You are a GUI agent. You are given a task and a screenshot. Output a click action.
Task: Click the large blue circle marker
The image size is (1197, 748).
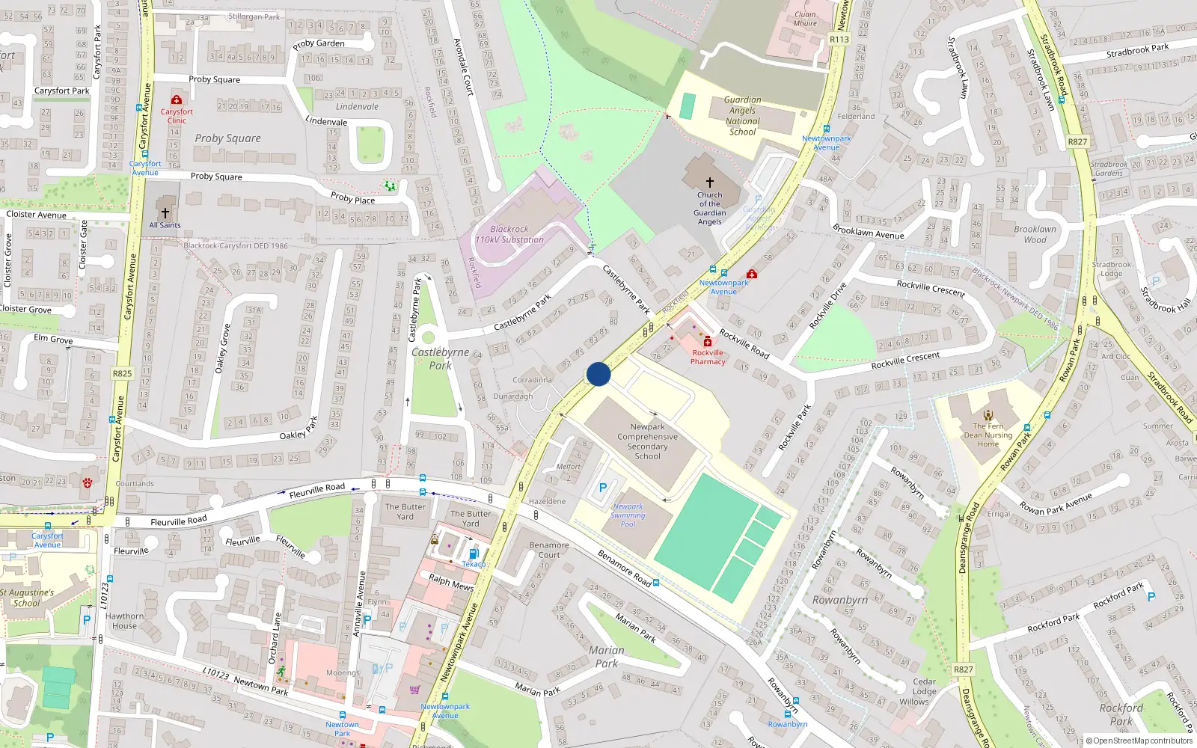point(598,374)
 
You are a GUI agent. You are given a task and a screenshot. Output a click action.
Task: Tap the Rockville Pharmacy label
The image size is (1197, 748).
point(708,357)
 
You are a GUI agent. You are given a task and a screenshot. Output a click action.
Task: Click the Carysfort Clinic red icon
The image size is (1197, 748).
point(177,99)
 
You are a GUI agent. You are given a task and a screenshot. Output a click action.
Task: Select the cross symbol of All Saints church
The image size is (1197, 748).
point(165,213)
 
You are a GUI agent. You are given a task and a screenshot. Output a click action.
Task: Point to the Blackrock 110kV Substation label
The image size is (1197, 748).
point(509,235)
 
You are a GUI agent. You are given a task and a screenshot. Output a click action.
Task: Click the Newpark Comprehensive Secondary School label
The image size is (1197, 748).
point(647,441)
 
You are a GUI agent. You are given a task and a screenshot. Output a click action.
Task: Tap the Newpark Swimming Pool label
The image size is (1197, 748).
point(628,515)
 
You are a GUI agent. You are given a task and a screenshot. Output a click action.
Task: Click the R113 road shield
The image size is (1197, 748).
point(839,40)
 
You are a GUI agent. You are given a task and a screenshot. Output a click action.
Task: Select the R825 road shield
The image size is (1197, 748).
point(122,373)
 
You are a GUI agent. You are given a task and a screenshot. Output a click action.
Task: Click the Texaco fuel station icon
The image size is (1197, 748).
point(473,554)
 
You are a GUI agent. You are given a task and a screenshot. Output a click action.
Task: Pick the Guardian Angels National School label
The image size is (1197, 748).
point(742,116)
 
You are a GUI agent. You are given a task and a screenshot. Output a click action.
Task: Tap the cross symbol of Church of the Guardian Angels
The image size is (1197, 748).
point(709,182)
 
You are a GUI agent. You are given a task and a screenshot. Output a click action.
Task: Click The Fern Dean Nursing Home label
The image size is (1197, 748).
point(988,435)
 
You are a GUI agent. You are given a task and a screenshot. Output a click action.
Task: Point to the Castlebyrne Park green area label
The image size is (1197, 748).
point(440,358)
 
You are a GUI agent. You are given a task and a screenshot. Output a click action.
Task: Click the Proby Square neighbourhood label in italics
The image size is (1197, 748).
point(227,138)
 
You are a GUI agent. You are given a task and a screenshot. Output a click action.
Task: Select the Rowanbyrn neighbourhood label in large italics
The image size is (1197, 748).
point(839,600)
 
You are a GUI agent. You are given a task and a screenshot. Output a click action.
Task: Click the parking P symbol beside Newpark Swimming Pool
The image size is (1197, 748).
point(603,488)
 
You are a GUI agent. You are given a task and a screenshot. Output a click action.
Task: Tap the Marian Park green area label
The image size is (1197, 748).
point(606,657)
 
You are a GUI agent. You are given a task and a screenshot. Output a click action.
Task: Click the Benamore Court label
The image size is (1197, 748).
point(549,550)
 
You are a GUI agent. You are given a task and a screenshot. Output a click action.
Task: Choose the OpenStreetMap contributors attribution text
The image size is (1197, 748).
point(1142,741)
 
